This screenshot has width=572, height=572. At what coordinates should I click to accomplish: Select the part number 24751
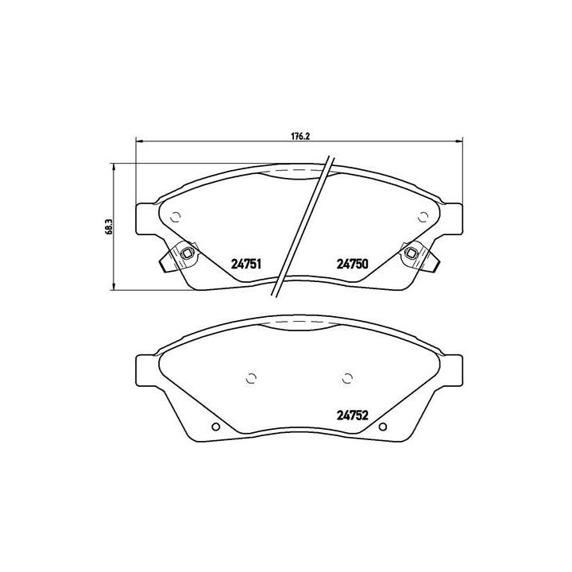click(x=246, y=266)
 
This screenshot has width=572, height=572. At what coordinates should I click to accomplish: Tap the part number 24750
click(x=350, y=266)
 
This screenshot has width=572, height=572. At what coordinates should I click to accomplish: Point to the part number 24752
click(x=350, y=413)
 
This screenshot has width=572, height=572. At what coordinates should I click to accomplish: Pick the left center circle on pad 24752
click(x=252, y=377)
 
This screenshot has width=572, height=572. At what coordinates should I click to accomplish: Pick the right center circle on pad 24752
click(x=346, y=377)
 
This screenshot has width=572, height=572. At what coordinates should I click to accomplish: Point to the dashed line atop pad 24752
click(x=298, y=321)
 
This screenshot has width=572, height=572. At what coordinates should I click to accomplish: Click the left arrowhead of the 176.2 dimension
click(x=140, y=142)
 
